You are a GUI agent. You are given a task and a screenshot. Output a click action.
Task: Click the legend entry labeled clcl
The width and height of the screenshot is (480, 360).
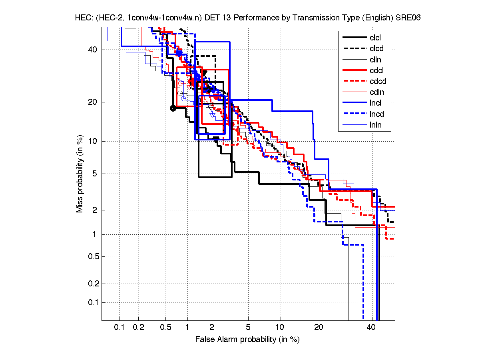(x=375, y=38)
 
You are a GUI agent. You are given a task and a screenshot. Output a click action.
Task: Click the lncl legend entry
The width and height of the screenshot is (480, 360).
(x=376, y=103)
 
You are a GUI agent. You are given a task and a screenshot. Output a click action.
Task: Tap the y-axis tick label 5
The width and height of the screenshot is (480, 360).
(x=94, y=174)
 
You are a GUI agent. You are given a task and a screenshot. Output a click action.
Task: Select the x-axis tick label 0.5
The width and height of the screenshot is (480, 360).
(x=165, y=327)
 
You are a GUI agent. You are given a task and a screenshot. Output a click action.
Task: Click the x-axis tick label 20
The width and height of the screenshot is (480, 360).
(x=319, y=327)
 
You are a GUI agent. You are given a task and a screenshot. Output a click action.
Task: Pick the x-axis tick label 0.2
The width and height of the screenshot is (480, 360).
(x=138, y=327)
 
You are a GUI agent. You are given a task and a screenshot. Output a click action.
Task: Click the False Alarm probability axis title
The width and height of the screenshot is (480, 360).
(x=247, y=339)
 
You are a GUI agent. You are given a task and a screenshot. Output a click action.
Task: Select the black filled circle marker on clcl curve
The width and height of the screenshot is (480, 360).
(x=173, y=108)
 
